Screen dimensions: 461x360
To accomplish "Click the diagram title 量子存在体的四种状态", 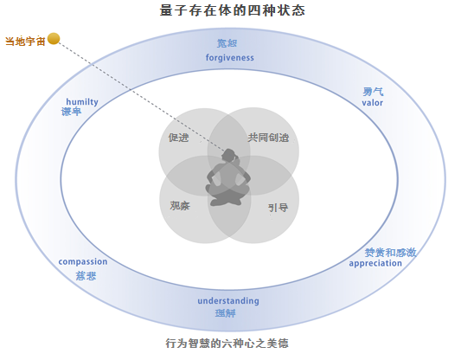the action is tap(233, 10).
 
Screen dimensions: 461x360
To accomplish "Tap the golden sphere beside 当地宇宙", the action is tap(54, 39).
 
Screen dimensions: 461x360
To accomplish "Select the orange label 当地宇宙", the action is tap(25, 42).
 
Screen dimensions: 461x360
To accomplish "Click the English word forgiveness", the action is tap(229, 57).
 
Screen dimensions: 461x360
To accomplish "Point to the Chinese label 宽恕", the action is tap(227, 43).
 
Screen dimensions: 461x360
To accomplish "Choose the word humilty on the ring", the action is tap(82, 102).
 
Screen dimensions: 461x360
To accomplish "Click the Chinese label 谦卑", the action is tap(71, 112).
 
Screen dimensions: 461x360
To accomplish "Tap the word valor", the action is tap(372, 103).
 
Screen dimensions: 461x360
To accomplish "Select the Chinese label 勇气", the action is tap(373, 92).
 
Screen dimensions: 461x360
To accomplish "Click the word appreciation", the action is tap(375, 263).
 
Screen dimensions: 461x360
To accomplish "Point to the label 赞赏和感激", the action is tap(390, 253).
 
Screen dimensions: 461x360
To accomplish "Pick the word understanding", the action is tap(228, 301).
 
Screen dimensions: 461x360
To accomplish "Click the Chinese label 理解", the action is tap(226, 313).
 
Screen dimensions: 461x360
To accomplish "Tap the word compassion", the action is tap(83, 261).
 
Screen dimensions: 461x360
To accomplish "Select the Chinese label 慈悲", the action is tap(86, 276).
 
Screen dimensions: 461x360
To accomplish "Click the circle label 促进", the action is tap(178, 138).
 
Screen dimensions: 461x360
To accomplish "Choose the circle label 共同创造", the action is tap(268, 138).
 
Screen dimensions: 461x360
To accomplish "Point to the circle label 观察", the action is tap(180, 206).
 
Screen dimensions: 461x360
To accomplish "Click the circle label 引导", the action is tap(279, 208).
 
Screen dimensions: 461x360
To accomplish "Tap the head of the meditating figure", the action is tap(229, 156).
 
